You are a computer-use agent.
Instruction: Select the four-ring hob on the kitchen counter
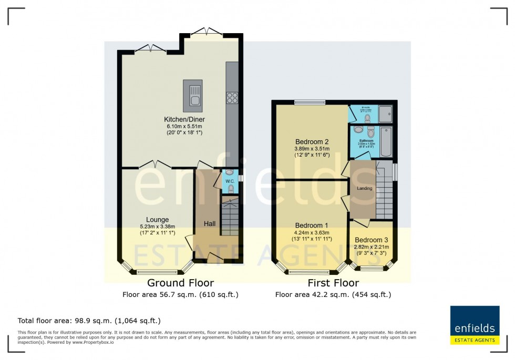pos(232,97)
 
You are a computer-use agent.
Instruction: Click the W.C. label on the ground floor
pos(230,181)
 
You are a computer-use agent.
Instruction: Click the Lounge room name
pos(158,220)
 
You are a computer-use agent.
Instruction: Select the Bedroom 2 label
pos(312,141)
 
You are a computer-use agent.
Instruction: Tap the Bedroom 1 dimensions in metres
pos(312,233)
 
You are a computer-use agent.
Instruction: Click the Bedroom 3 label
pos(372,240)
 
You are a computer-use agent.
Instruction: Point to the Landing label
pos(364,188)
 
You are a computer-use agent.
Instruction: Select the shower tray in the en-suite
pos(385,112)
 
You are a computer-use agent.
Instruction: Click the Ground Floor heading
pos(180,283)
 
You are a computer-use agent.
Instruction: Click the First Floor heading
pos(333,283)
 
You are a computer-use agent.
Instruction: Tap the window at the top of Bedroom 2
pos(310,102)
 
